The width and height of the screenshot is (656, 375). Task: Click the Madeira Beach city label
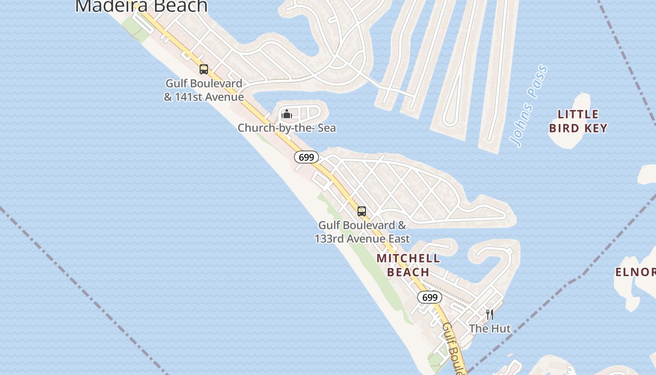pyautogui.click(x=141, y=6)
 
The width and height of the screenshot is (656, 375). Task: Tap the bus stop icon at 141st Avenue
pyautogui.click(x=204, y=69)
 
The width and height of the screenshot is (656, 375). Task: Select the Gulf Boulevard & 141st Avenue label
pyautogui.click(x=204, y=90)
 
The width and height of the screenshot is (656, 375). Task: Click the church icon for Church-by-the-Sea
pyautogui.click(x=286, y=114)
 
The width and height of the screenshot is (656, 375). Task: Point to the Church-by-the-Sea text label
pyautogui.click(x=287, y=127)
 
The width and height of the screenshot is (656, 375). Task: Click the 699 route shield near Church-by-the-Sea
pyautogui.click(x=306, y=157)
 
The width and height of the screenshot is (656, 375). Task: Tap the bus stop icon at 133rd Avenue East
pyautogui.click(x=362, y=211)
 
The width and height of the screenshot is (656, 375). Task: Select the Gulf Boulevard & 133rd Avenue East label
pyautogui.click(x=362, y=232)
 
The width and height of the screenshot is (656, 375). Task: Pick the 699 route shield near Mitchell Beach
pyautogui.click(x=430, y=297)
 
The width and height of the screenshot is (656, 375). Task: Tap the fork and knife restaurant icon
pyautogui.click(x=490, y=314)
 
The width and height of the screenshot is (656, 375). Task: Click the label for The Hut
pyautogui.click(x=490, y=328)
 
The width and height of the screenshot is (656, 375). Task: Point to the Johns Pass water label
pyautogui.click(x=529, y=106)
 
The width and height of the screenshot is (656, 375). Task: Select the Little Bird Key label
pyautogui.click(x=578, y=121)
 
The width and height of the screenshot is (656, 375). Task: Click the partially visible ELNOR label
pyautogui.click(x=635, y=272)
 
